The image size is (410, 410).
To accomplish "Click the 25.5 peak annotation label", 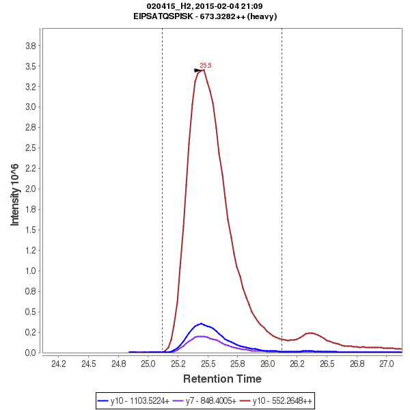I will tap(206, 66).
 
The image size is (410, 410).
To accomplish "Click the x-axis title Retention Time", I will tap(221, 379).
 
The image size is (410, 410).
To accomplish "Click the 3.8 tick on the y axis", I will tap(30, 46).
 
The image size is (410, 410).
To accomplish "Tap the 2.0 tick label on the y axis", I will tap(30, 189).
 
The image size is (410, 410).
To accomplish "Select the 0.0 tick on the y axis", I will tap(30, 353).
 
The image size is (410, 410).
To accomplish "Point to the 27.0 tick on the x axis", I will tap(387, 364).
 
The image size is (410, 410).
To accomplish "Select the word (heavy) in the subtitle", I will tap(263, 16).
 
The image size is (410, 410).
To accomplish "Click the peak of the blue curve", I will tap(200, 323).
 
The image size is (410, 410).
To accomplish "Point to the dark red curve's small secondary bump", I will tap(310, 333).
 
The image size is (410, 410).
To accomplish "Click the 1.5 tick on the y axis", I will tap(30, 230).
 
